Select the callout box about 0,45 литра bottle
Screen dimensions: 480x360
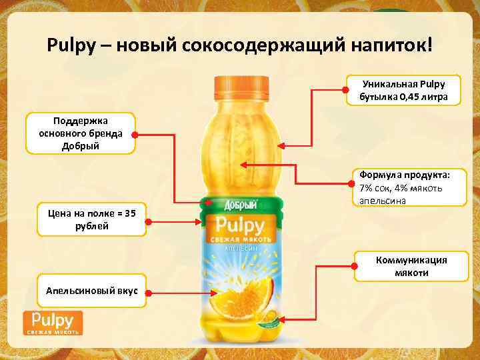[x=403, y=91]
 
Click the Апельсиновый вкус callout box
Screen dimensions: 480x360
[x=92, y=291]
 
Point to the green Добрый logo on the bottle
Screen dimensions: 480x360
[x=241, y=205]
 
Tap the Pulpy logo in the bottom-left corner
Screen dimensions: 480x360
[x=53, y=321]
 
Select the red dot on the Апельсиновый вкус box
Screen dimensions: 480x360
[x=147, y=291]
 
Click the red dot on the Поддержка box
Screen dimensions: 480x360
[x=134, y=134]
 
